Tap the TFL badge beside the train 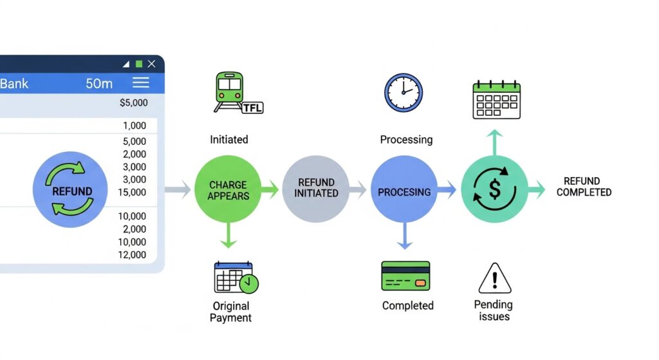252,108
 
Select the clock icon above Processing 404,93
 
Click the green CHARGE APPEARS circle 228,189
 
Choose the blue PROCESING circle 404,191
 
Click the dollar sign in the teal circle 494,189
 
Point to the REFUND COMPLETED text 584,187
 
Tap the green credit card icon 405,276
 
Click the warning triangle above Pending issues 494,278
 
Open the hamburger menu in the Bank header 140,83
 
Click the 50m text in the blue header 99,84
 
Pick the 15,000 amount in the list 133,193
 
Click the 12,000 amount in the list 133,255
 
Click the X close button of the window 151,64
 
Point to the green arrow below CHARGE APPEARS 228,236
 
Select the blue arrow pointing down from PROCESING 404,237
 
